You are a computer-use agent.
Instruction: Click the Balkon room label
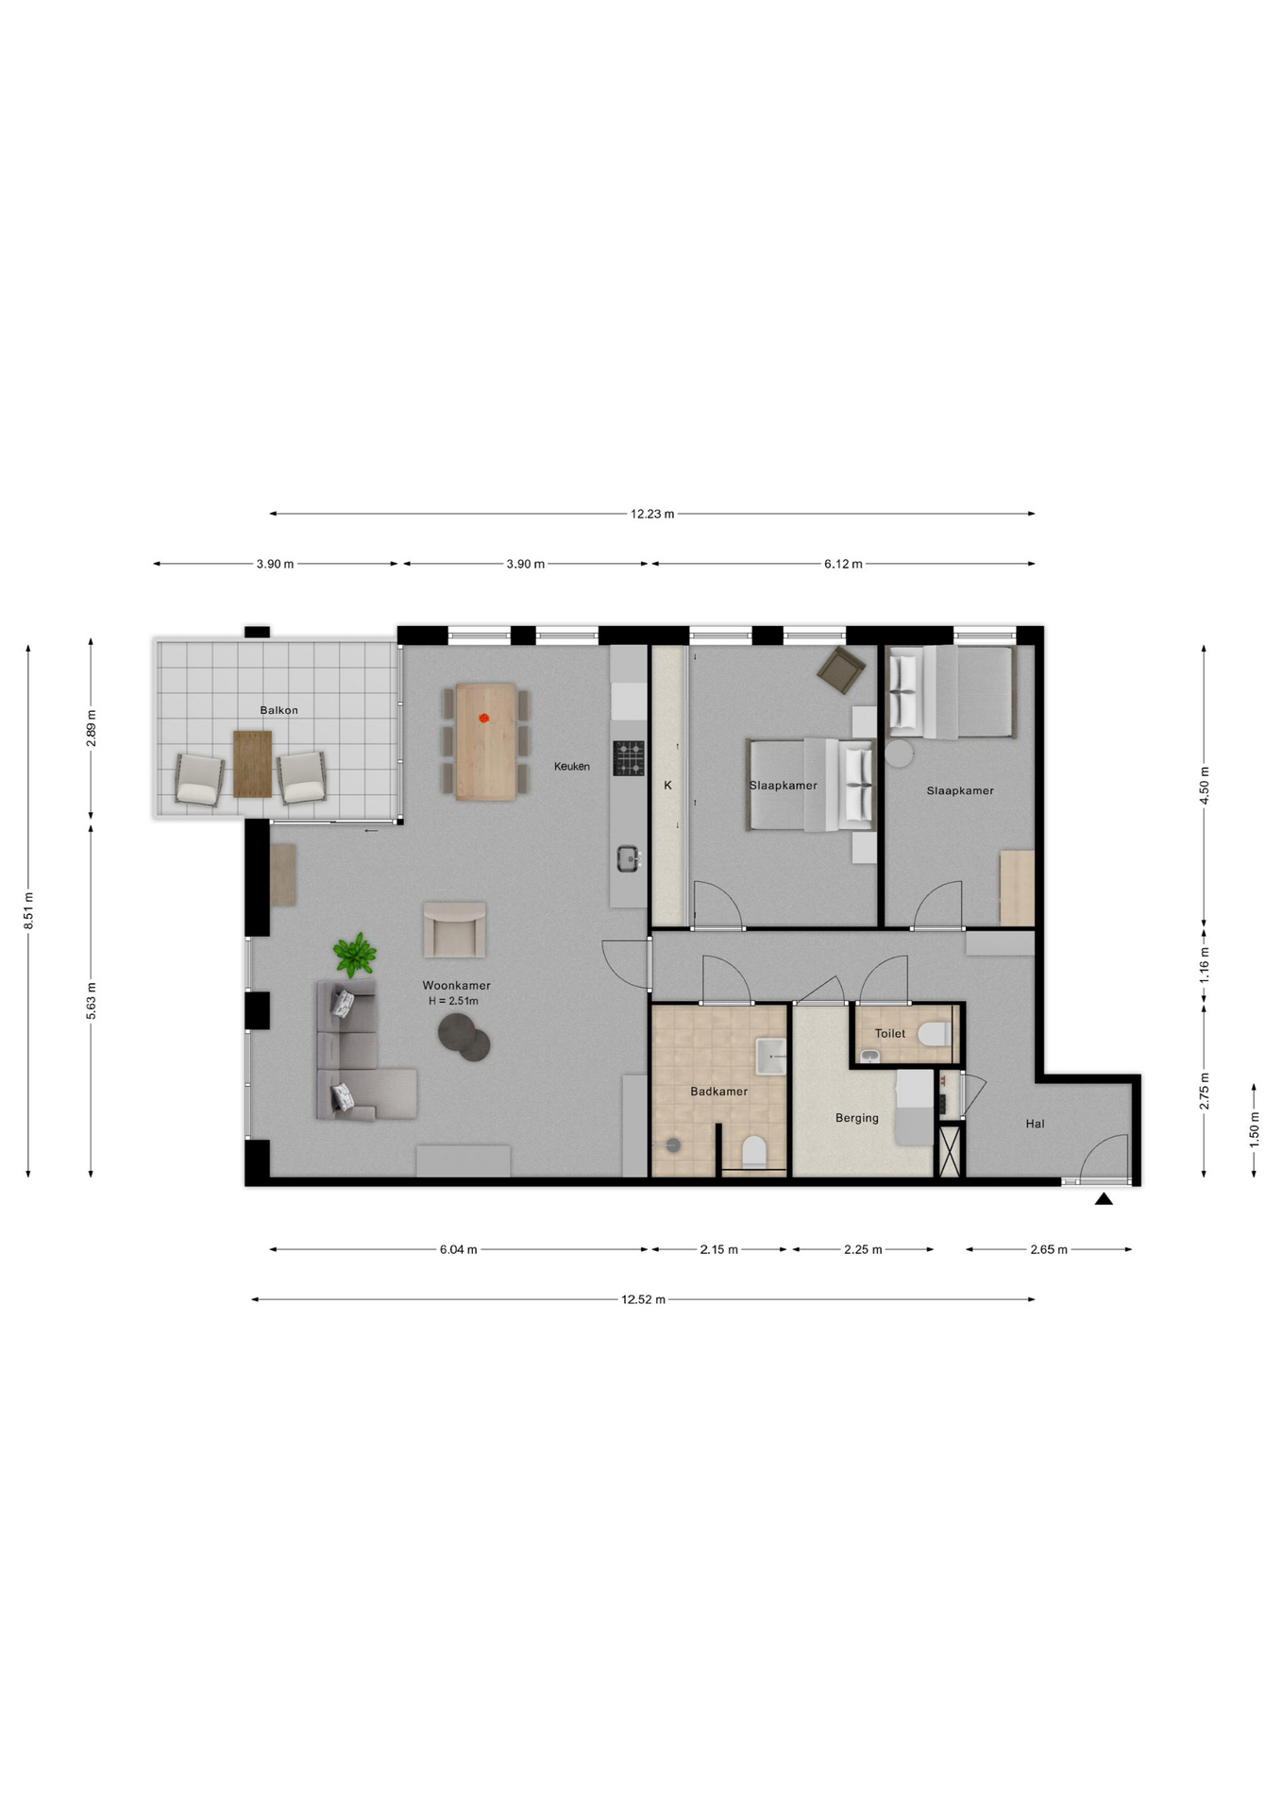pyautogui.click(x=278, y=710)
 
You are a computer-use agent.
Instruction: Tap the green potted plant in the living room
pyautogui.click(x=354, y=955)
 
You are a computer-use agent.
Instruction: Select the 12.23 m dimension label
pyautogui.click(x=652, y=514)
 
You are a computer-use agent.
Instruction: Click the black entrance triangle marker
pyautogui.click(x=1104, y=1199)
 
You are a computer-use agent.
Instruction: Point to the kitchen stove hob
pyautogui.click(x=629, y=757)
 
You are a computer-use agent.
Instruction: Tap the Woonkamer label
pyautogui.click(x=456, y=985)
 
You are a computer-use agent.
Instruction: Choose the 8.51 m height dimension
pyautogui.click(x=28, y=910)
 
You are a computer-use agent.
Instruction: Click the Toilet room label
pyautogui.click(x=889, y=1033)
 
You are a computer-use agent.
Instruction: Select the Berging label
pyautogui.click(x=856, y=1118)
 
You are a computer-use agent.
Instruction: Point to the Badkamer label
pyautogui.click(x=718, y=1092)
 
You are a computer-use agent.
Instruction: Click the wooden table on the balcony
pyautogui.click(x=252, y=763)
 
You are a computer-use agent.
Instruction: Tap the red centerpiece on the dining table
pyautogui.click(x=484, y=719)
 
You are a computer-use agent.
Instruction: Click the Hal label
pyautogui.click(x=1035, y=1124)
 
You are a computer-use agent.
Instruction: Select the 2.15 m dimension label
pyautogui.click(x=718, y=1249)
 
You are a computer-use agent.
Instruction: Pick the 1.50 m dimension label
pyautogui.click(x=1254, y=1130)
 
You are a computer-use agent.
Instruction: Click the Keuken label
pyautogui.click(x=571, y=767)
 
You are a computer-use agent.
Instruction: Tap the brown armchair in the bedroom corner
pyautogui.click(x=840, y=669)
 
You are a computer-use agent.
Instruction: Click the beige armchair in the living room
pyautogui.click(x=454, y=928)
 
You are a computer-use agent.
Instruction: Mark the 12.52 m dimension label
pyautogui.click(x=643, y=1299)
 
